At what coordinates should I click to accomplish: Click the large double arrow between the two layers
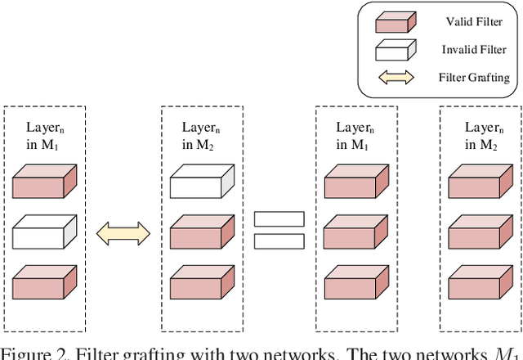click(123, 234)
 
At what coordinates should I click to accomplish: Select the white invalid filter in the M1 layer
click(45, 232)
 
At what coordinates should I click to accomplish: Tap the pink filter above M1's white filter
click(45, 182)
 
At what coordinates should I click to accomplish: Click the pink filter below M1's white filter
click(45, 283)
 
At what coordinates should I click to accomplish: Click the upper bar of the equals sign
click(278, 219)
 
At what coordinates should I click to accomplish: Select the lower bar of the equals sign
click(278, 241)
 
